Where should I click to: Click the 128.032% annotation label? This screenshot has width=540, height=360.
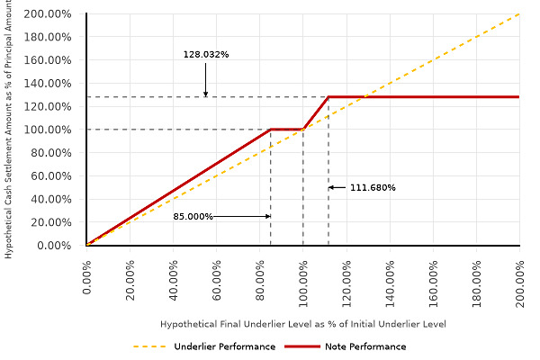[x=206, y=55]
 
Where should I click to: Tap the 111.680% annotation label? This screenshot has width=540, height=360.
[x=372, y=188]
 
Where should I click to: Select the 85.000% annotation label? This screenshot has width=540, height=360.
[x=193, y=217]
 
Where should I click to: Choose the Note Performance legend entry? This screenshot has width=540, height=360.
[x=364, y=346]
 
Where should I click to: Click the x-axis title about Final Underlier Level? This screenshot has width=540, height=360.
[x=303, y=324]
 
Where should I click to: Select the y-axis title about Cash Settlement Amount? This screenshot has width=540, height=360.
[x=9, y=130]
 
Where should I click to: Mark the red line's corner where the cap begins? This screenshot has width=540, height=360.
[x=328, y=97]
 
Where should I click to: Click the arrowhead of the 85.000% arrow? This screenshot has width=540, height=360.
[x=267, y=217]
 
